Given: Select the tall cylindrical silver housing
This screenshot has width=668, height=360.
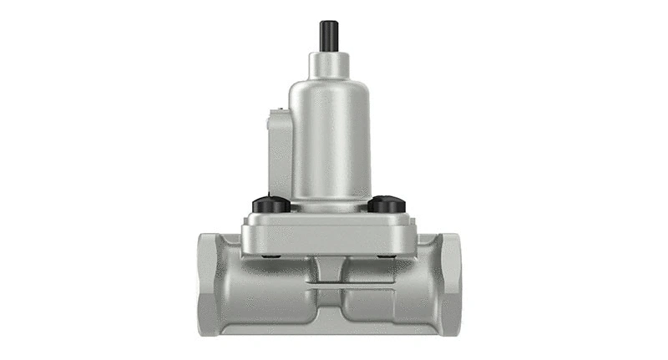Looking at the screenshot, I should [330, 134].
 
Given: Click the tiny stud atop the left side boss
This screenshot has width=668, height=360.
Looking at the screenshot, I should [270, 123].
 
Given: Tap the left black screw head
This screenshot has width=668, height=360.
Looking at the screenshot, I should [271, 204].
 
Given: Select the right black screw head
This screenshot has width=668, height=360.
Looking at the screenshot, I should [386, 204].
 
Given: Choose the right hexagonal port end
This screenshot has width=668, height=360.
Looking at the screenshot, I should [452, 285].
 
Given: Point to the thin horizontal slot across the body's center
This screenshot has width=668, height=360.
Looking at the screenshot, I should [328, 287].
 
